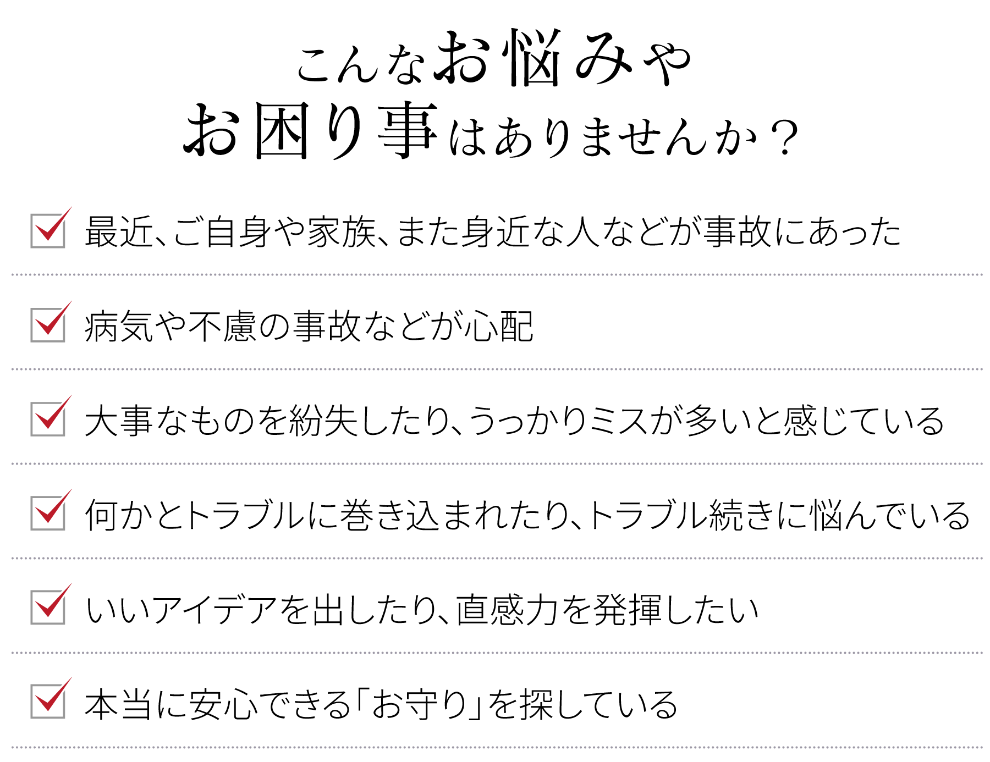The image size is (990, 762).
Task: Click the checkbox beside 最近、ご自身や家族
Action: coord(48,231)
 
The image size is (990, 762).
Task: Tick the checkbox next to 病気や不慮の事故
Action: coord(48,325)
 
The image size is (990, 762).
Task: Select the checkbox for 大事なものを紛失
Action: coord(48,419)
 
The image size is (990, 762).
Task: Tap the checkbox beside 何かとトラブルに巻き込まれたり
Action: coord(48,513)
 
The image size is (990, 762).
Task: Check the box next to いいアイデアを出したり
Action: coord(48,608)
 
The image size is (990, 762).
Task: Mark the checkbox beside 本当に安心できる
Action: coord(48,702)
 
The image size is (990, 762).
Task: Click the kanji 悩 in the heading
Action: coord(534,58)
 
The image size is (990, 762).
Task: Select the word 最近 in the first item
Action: coord(119,231)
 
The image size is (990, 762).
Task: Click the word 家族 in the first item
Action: coord(342,231)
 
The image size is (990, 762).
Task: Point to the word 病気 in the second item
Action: coord(119,327)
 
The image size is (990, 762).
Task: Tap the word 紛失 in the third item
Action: coord(324,421)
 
